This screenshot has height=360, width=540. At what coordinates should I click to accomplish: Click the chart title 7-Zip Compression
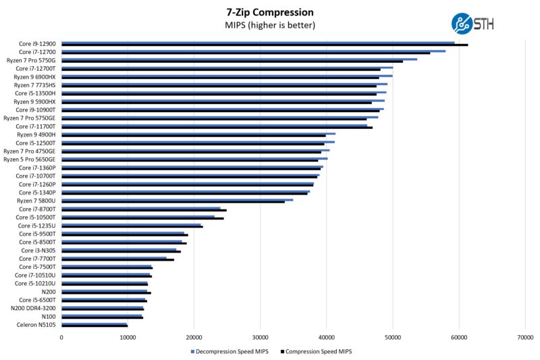click(x=270, y=12)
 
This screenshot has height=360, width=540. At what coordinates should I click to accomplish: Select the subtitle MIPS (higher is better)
click(x=270, y=26)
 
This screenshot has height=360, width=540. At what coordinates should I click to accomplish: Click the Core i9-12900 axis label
click(x=38, y=43)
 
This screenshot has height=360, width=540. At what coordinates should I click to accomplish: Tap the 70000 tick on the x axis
click(x=524, y=337)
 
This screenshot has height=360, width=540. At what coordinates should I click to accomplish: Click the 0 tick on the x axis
click(x=61, y=337)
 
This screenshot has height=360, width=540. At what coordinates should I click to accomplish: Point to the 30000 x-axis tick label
click(x=261, y=337)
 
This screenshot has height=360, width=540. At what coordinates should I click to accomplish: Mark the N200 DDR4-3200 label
click(x=33, y=308)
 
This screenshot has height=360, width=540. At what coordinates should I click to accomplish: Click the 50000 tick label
click(x=393, y=337)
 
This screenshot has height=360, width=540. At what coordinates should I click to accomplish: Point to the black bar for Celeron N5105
click(x=94, y=326)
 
